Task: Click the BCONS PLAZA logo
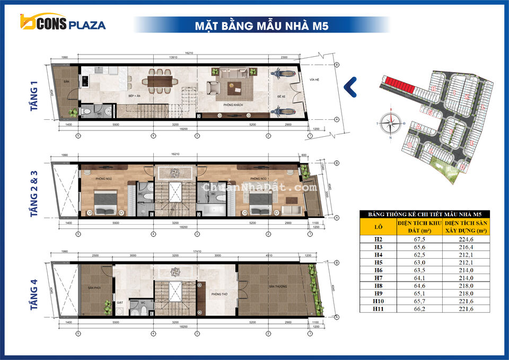pos(63,23)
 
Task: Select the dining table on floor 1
pos(160,81)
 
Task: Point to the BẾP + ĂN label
pos(134,96)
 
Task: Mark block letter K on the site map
pos(466,96)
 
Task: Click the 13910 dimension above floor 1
pos(170,57)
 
